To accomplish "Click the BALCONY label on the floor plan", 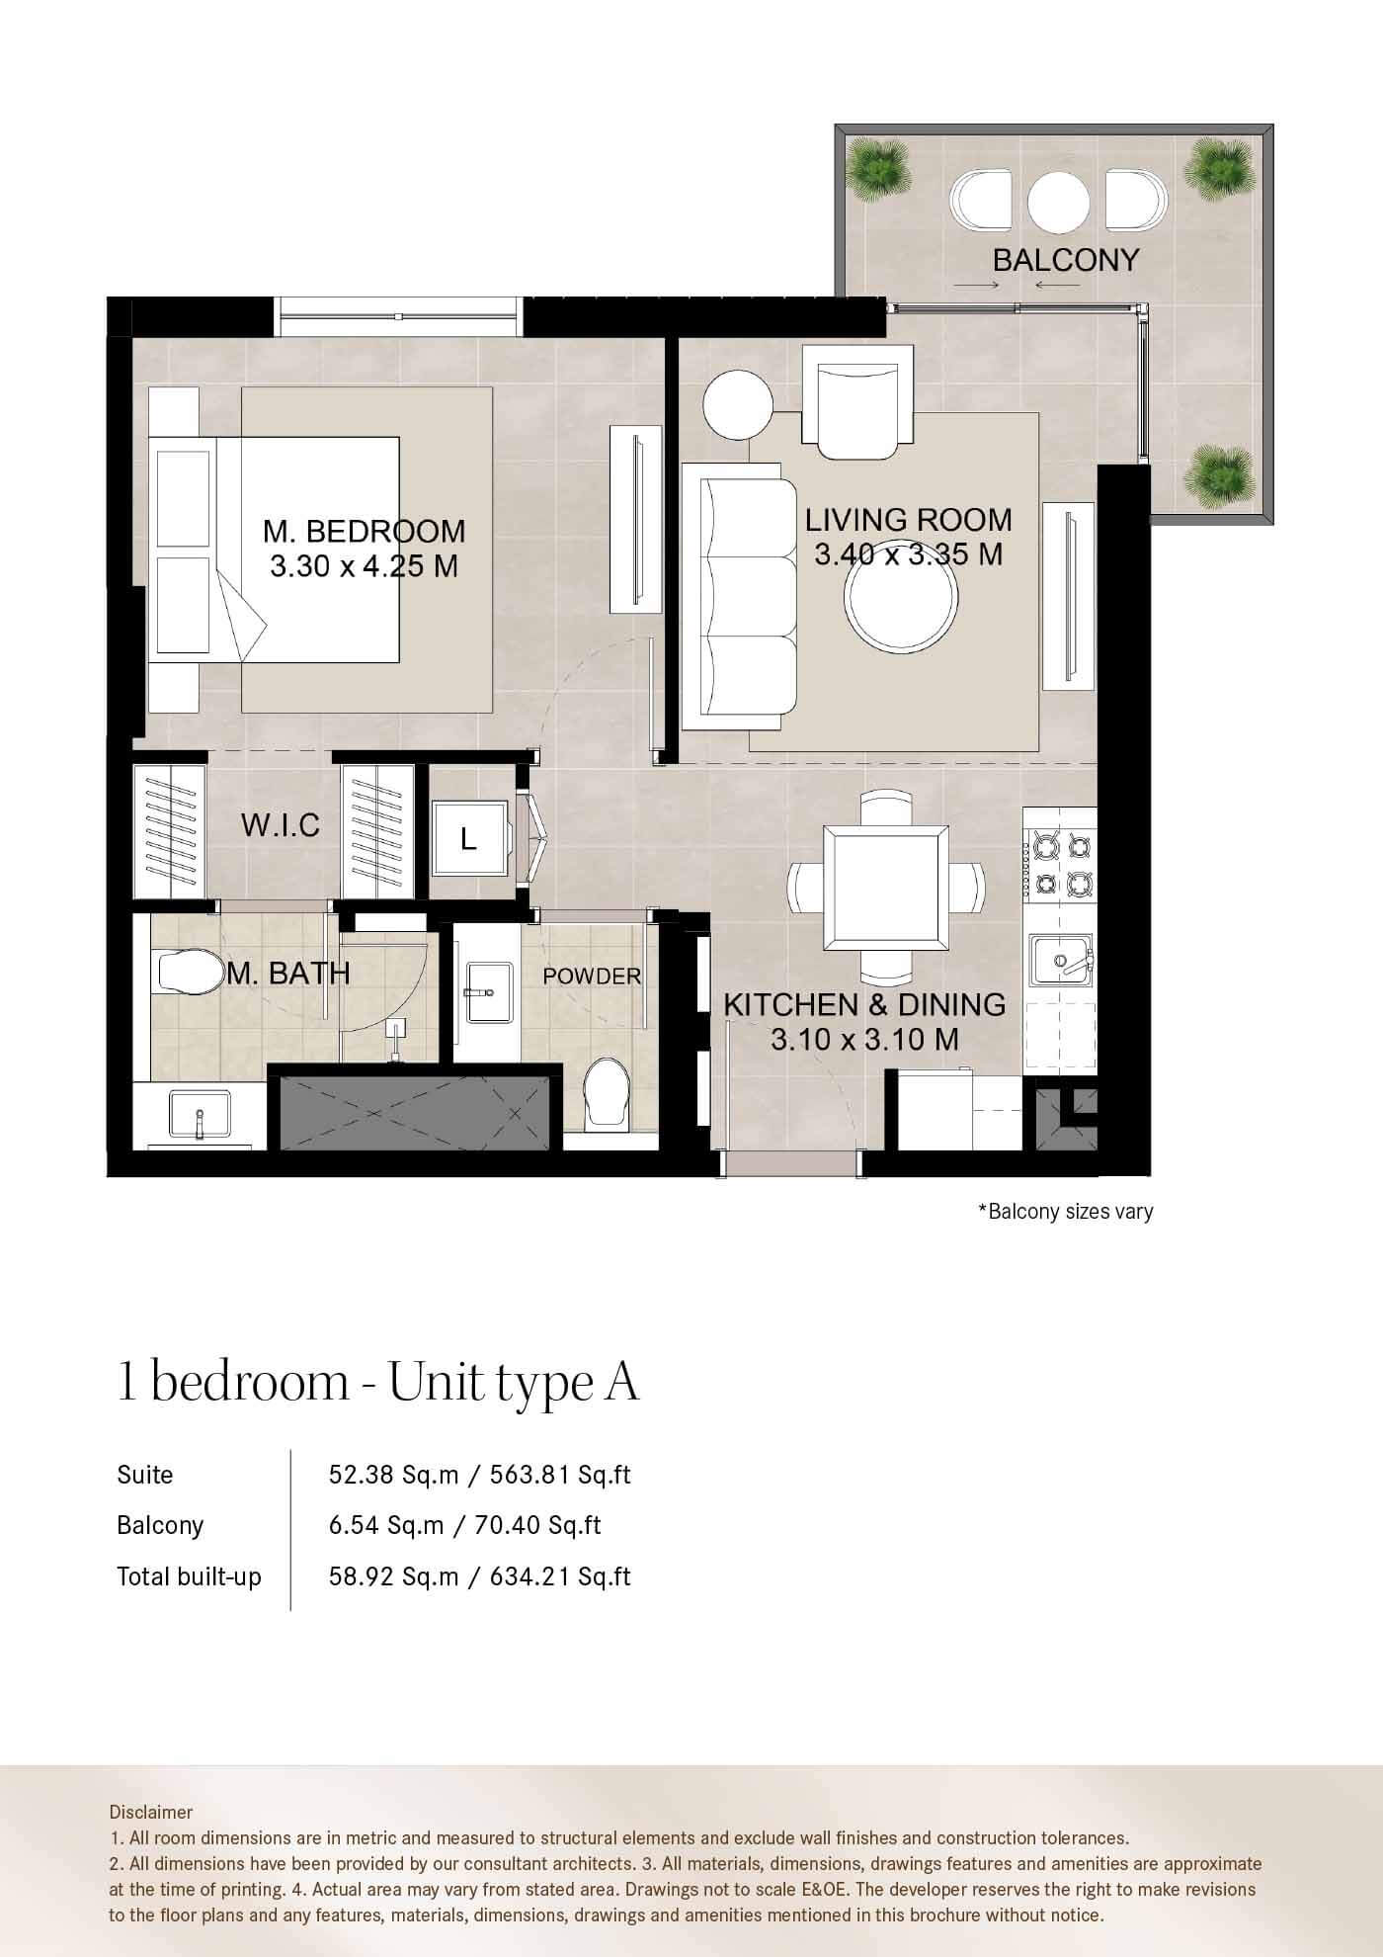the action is [1066, 260].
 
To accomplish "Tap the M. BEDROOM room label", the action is [364, 531].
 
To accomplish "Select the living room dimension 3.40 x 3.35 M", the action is [908, 554].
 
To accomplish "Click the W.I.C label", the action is [281, 825].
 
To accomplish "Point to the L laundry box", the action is [470, 839].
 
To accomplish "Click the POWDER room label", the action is [592, 977].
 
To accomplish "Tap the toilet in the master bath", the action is [189, 973].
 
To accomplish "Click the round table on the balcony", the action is [1058, 202].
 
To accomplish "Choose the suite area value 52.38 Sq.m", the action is [393, 1475].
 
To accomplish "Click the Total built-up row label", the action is [189, 1576].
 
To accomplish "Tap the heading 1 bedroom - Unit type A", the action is [378, 1382].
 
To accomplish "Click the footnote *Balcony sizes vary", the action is [1065, 1211].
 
